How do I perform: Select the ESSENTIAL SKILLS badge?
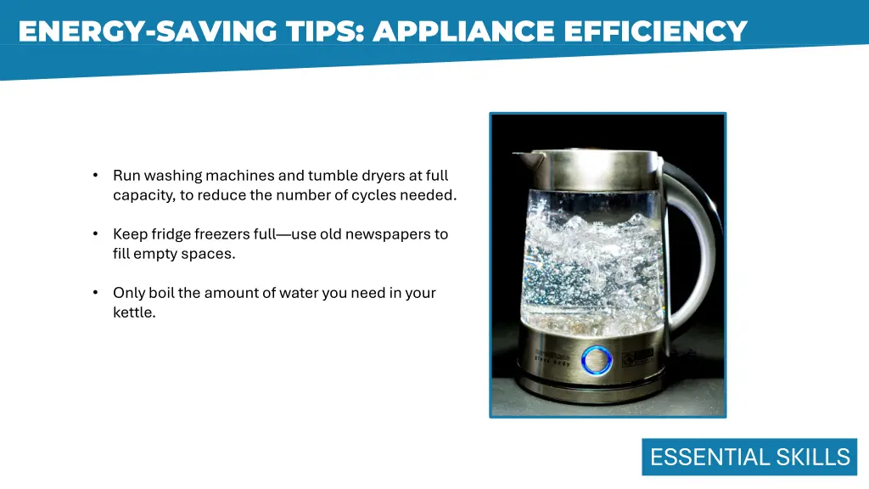(749, 458)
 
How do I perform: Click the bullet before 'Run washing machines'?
(96, 176)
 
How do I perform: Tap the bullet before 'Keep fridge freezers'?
(96, 234)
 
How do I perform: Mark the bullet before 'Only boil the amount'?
(96, 293)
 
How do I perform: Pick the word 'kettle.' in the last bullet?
(134, 312)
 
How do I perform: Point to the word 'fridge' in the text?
(171, 234)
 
